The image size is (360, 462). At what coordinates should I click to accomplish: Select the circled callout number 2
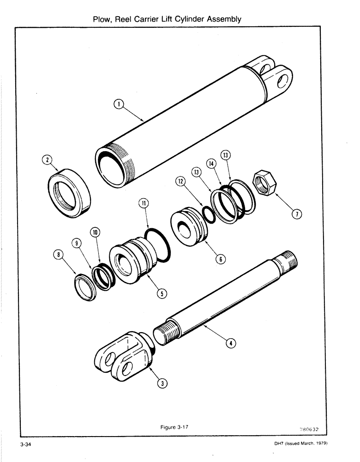[47, 160]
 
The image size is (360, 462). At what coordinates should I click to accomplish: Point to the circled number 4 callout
[231, 343]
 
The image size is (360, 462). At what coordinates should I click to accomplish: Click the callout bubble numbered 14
[212, 164]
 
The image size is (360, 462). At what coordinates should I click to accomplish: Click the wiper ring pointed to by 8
[86, 287]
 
